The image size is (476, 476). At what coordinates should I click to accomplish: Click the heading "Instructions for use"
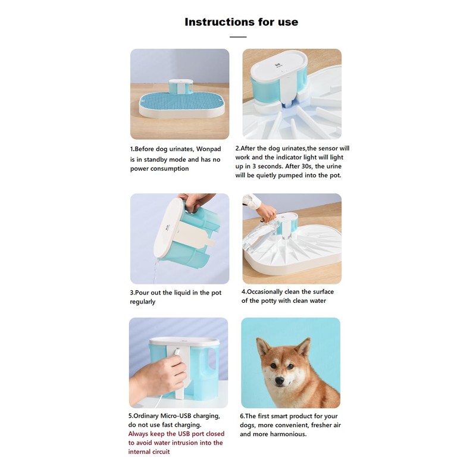[241, 22]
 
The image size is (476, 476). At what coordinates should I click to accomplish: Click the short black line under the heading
[238, 37]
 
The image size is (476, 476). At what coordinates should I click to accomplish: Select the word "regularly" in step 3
[143, 302]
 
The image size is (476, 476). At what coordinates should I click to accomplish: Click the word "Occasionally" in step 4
[267, 292]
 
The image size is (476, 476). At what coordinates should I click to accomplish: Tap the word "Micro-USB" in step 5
[186, 416]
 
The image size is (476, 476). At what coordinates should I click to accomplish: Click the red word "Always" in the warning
[140, 434]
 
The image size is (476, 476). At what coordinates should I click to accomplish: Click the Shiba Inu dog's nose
[280, 380]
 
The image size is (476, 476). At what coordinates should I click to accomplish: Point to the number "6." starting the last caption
[243, 416]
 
